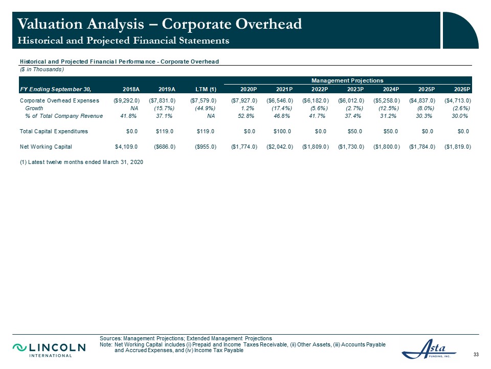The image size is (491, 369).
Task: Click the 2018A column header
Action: (x=131, y=89)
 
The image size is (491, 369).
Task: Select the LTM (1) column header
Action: (x=206, y=89)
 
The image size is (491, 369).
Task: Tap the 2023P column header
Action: (x=355, y=89)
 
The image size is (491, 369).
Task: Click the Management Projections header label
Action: (x=347, y=80)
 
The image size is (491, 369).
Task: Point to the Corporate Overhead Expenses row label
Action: (x=59, y=101)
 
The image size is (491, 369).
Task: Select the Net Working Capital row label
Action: (x=46, y=147)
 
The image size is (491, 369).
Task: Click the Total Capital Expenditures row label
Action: (x=54, y=132)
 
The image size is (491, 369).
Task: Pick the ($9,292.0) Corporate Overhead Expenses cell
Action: (x=126, y=101)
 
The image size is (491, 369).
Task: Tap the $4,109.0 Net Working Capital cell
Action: (x=126, y=147)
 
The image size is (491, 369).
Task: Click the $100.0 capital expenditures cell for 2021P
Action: (x=282, y=132)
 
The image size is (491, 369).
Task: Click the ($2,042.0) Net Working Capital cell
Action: (x=280, y=147)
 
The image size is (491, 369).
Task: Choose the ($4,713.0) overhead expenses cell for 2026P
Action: (x=458, y=101)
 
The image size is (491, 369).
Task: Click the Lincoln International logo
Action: (x=49, y=350)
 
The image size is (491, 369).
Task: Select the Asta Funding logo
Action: (x=429, y=349)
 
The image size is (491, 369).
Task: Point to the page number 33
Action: (x=476, y=355)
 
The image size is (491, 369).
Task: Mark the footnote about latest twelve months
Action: (x=81, y=162)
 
